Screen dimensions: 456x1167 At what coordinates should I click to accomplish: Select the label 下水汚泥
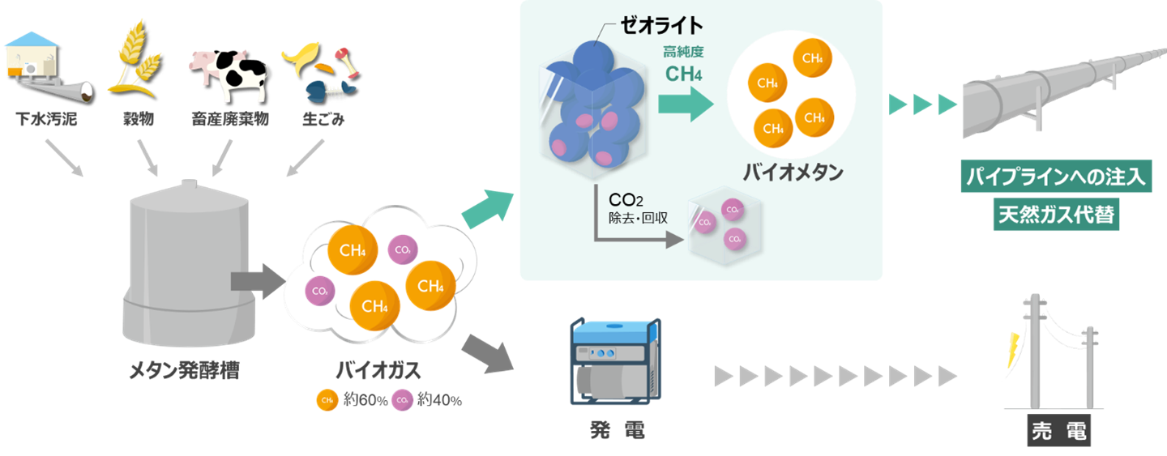click(x=46, y=120)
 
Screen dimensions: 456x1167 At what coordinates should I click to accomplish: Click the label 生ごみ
click(x=323, y=120)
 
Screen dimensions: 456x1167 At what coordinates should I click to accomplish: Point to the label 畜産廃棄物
click(x=230, y=120)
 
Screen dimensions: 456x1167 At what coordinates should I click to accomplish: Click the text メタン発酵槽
click(x=185, y=371)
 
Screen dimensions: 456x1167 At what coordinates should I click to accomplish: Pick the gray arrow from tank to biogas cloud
click(x=255, y=281)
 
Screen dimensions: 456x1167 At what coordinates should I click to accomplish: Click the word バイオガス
click(x=378, y=371)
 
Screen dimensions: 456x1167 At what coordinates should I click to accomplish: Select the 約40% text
click(x=439, y=400)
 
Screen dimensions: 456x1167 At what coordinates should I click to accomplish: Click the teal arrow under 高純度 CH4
click(x=685, y=104)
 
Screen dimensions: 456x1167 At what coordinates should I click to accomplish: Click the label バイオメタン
click(x=793, y=173)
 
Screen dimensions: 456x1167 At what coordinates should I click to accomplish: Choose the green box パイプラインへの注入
click(x=1057, y=177)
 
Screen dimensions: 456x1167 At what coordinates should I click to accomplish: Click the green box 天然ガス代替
click(x=1057, y=215)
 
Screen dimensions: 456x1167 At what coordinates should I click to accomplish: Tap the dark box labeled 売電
click(x=1058, y=431)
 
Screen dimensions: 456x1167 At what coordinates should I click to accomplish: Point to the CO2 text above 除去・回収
click(x=626, y=199)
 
